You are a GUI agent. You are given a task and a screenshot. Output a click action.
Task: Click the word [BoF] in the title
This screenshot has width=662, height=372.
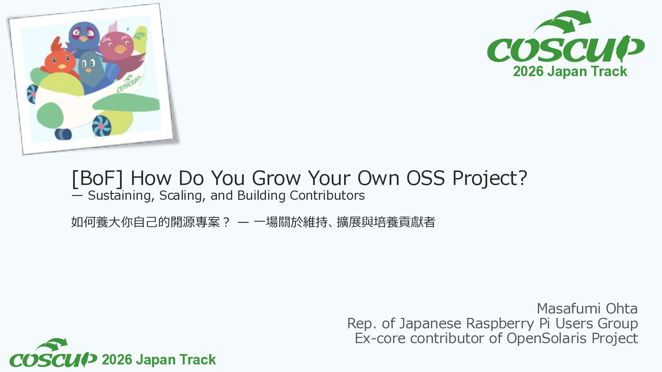[97, 178]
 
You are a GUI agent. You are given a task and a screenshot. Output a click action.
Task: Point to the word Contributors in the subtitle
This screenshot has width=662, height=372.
[327, 195]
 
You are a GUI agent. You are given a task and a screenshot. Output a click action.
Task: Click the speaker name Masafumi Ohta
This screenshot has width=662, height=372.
[587, 309]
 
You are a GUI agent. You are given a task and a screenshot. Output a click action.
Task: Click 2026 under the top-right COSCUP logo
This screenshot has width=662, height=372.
[528, 72]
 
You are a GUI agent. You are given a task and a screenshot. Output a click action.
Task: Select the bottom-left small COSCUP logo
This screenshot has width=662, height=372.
[53, 353]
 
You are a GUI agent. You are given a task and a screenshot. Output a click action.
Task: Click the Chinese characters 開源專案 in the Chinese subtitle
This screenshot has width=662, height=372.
[195, 222]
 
